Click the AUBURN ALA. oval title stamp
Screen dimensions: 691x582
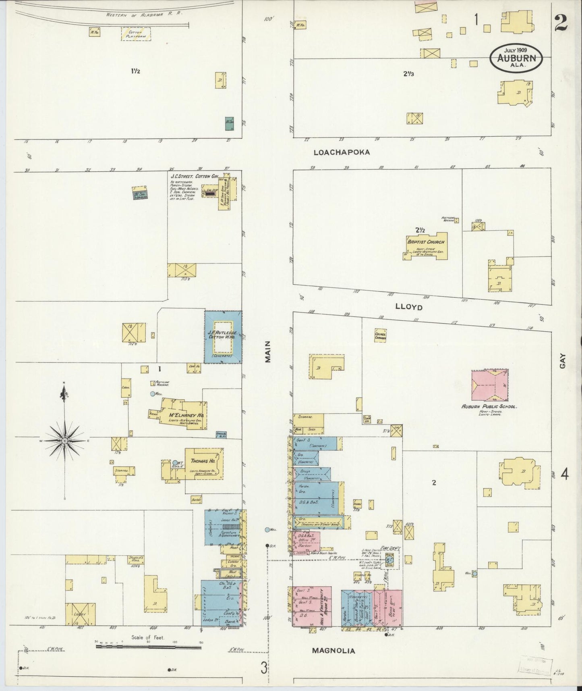click(x=516, y=58)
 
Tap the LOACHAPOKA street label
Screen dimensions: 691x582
click(x=342, y=152)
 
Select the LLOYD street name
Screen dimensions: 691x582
click(x=408, y=307)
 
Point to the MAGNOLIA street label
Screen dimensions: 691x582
click(x=334, y=651)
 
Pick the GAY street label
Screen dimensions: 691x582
click(x=562, y=361)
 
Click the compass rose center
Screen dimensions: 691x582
click(x=64, y=441)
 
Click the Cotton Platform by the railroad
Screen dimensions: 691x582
click(x=136, y=34)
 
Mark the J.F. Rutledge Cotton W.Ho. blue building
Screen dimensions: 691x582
click(x=223, y=337)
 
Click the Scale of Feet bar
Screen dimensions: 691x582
click(x=148, y=647)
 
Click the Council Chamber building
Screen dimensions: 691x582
click(x=380, y=336)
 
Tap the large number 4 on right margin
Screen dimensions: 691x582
click(x=565, y=475)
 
